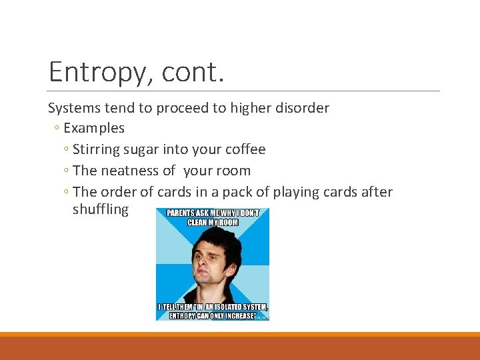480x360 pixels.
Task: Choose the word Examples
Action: [x=94, y=128]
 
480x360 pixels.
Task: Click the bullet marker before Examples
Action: [x=58, y=129]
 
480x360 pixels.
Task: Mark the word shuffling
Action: [x=101, y=209]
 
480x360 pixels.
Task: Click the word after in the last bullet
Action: [x=375, y=192]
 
